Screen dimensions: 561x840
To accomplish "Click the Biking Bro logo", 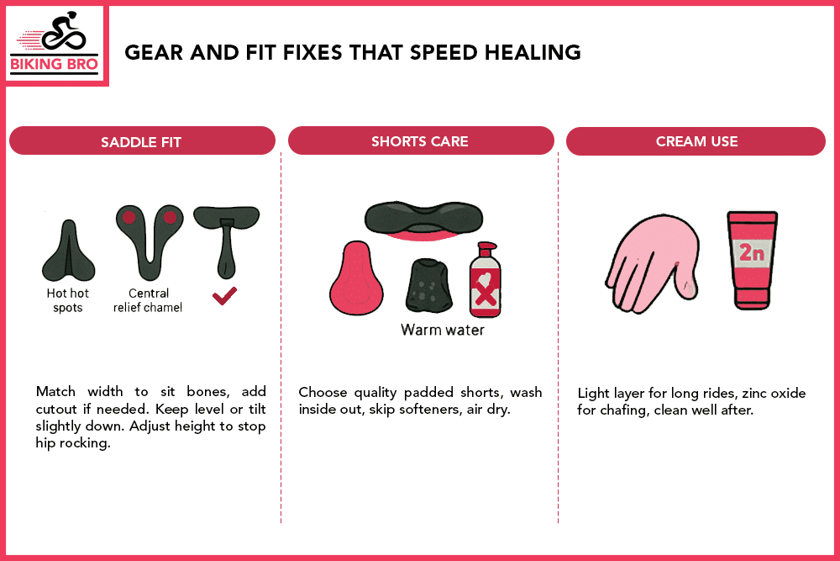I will pyautogui.click(x=55, y=44).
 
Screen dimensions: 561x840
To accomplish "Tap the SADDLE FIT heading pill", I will pyautogui.click(x=141, y=141).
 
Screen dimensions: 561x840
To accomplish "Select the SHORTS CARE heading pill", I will pyautogui.click(x=420, y=141).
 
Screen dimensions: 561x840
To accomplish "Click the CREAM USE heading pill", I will pyautogui.click(x=696, y=141).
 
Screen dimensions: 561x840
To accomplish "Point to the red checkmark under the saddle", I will pyautogui.click(x=224, y=295).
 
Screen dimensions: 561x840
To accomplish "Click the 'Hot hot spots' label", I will pyautogui.click(x=68, y=300).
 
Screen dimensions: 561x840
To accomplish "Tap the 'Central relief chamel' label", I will pyautogui.click(x=149, y=300).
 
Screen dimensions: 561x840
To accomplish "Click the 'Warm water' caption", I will pyautogui.click(x=443, y=330).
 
